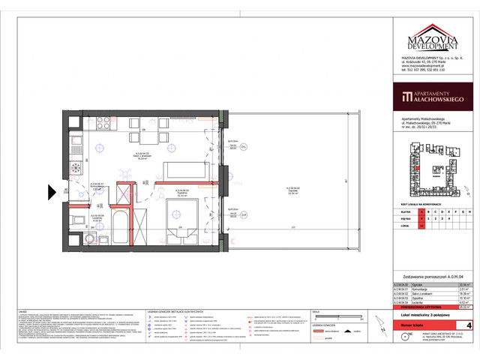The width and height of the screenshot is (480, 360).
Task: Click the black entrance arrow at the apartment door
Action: point(52,193)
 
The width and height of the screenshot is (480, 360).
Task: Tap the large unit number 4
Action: point(468,325)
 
